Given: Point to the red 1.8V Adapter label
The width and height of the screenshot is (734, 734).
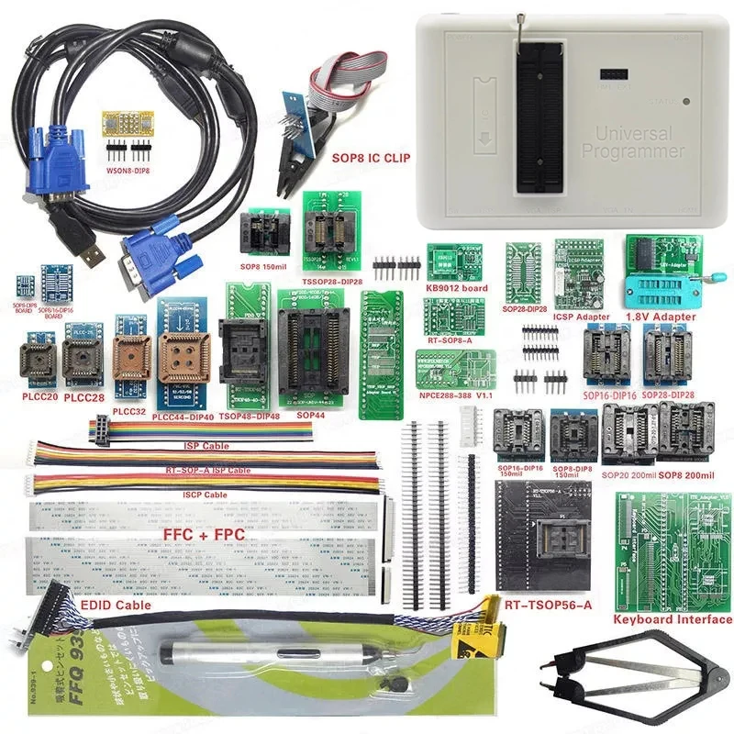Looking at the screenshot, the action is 660,317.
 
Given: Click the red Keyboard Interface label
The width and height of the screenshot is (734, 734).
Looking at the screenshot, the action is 671,619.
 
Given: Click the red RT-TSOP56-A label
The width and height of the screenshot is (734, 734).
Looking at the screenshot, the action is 548,604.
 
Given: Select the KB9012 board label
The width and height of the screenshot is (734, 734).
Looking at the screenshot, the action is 456,288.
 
